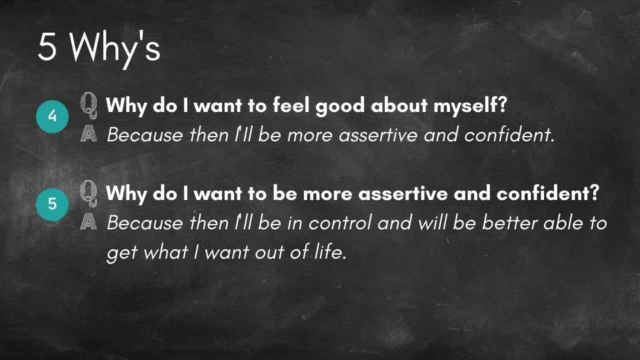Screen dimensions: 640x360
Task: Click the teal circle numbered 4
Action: click(x=52, y=116)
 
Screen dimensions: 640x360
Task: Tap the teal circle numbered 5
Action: click(x=52, y=204)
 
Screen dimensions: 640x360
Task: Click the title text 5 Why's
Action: click(x=99, y=48)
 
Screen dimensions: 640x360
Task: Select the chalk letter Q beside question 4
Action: click(x=89, y=105)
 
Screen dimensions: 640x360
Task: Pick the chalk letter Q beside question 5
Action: click(x=89, y=193)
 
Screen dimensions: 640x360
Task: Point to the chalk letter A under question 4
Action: click(x=89, y=133)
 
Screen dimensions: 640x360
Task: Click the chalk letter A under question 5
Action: click(x=89, y=221)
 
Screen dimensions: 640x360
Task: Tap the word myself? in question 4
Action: click(x=470, y=106)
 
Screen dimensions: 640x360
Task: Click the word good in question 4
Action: click(x=340, y=106)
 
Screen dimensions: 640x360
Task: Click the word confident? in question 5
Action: click(x=548, y=193)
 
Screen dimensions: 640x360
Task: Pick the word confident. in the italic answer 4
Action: click(x=509, y=135)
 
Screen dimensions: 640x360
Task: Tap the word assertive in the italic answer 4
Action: click(x=379, y=135)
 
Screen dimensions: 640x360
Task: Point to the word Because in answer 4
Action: click(x=145, y=135)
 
